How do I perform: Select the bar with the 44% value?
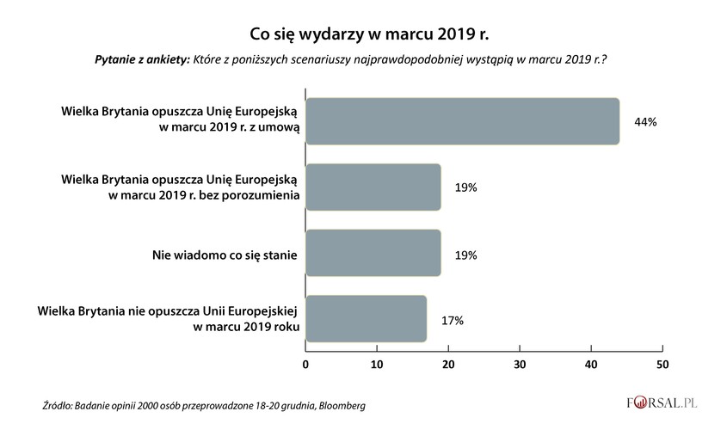point(462,121)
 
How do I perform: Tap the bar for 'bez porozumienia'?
point(373,187)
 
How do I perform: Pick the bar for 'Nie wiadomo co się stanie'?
point(373,253)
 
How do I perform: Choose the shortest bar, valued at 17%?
point(367,319)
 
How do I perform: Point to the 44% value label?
point(645,122)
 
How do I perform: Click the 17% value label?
point(452,320)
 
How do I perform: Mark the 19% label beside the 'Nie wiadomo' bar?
point(465,255)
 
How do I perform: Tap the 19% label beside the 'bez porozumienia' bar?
point(465,188)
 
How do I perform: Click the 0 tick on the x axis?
point(305,365)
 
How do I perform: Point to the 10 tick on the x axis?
point(377,365)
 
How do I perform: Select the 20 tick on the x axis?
point(448,365)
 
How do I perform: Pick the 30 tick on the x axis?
point(520,365)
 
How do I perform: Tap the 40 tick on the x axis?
point(590,365)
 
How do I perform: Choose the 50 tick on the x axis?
point(662,365)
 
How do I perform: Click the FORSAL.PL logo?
point(662,402)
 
